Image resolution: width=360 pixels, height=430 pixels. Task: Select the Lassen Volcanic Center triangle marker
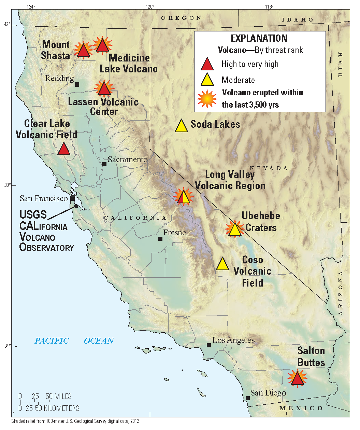point(104,89)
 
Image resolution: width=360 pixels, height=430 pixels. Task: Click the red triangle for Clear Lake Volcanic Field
point(64,149)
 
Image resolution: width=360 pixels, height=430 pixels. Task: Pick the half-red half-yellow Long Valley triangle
point(184,197)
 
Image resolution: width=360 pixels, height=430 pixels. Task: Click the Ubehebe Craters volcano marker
point(235,230)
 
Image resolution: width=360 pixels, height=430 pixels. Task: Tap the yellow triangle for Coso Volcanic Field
point(222,264)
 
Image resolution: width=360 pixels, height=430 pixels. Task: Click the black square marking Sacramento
point(104,164)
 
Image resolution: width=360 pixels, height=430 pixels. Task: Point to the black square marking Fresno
point(160,238)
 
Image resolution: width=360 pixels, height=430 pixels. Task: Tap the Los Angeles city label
point(233,340)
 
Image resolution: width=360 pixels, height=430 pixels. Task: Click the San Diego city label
point(268,393)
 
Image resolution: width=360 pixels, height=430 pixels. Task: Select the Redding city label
point(59,78)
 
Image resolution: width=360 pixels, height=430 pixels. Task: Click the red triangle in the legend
point(207,64)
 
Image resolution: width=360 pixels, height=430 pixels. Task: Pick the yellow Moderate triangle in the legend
point(207,80)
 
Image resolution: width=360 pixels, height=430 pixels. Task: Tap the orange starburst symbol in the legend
point(207,99)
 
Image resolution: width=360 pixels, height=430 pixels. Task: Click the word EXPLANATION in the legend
point(259,38)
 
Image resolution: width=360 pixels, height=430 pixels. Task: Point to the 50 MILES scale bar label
point(59,397)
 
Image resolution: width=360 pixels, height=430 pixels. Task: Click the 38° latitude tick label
point(8,185)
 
